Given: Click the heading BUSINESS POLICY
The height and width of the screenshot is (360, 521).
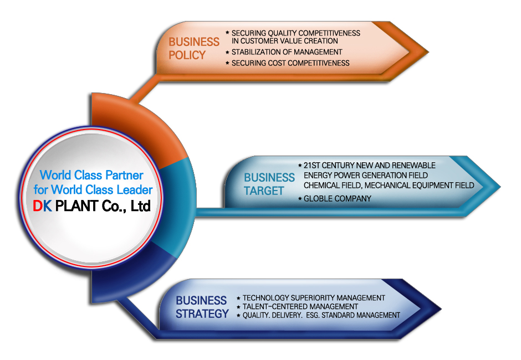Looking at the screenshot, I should (x=194, y=48).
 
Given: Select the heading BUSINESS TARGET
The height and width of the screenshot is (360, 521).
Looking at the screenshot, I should (x=269, y=184).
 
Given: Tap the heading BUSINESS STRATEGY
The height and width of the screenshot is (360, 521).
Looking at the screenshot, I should (x=202, y=307).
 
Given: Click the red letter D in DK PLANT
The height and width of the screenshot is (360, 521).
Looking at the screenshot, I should (x=38, y=207).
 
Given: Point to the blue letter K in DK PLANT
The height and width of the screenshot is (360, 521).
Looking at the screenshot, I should (x=47, y=207).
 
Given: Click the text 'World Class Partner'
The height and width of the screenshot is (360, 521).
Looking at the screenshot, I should (x=91, y=175).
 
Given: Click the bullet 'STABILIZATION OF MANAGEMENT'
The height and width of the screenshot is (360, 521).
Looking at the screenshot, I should (x=287, y=52).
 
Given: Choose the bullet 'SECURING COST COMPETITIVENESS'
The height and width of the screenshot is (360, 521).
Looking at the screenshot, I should (x=290, y=63).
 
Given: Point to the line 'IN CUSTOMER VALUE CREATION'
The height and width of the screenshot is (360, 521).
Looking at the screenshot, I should (x=284, y=41).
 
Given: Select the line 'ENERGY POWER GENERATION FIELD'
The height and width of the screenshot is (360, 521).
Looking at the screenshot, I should (x=365, y=175).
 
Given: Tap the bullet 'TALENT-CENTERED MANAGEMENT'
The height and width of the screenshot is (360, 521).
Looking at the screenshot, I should (x=300, y=306).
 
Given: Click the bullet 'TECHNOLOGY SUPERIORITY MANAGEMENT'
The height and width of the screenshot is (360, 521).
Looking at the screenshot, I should (x=313, y=298).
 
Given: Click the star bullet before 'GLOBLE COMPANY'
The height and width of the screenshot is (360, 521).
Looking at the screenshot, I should (x=300, y=198).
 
